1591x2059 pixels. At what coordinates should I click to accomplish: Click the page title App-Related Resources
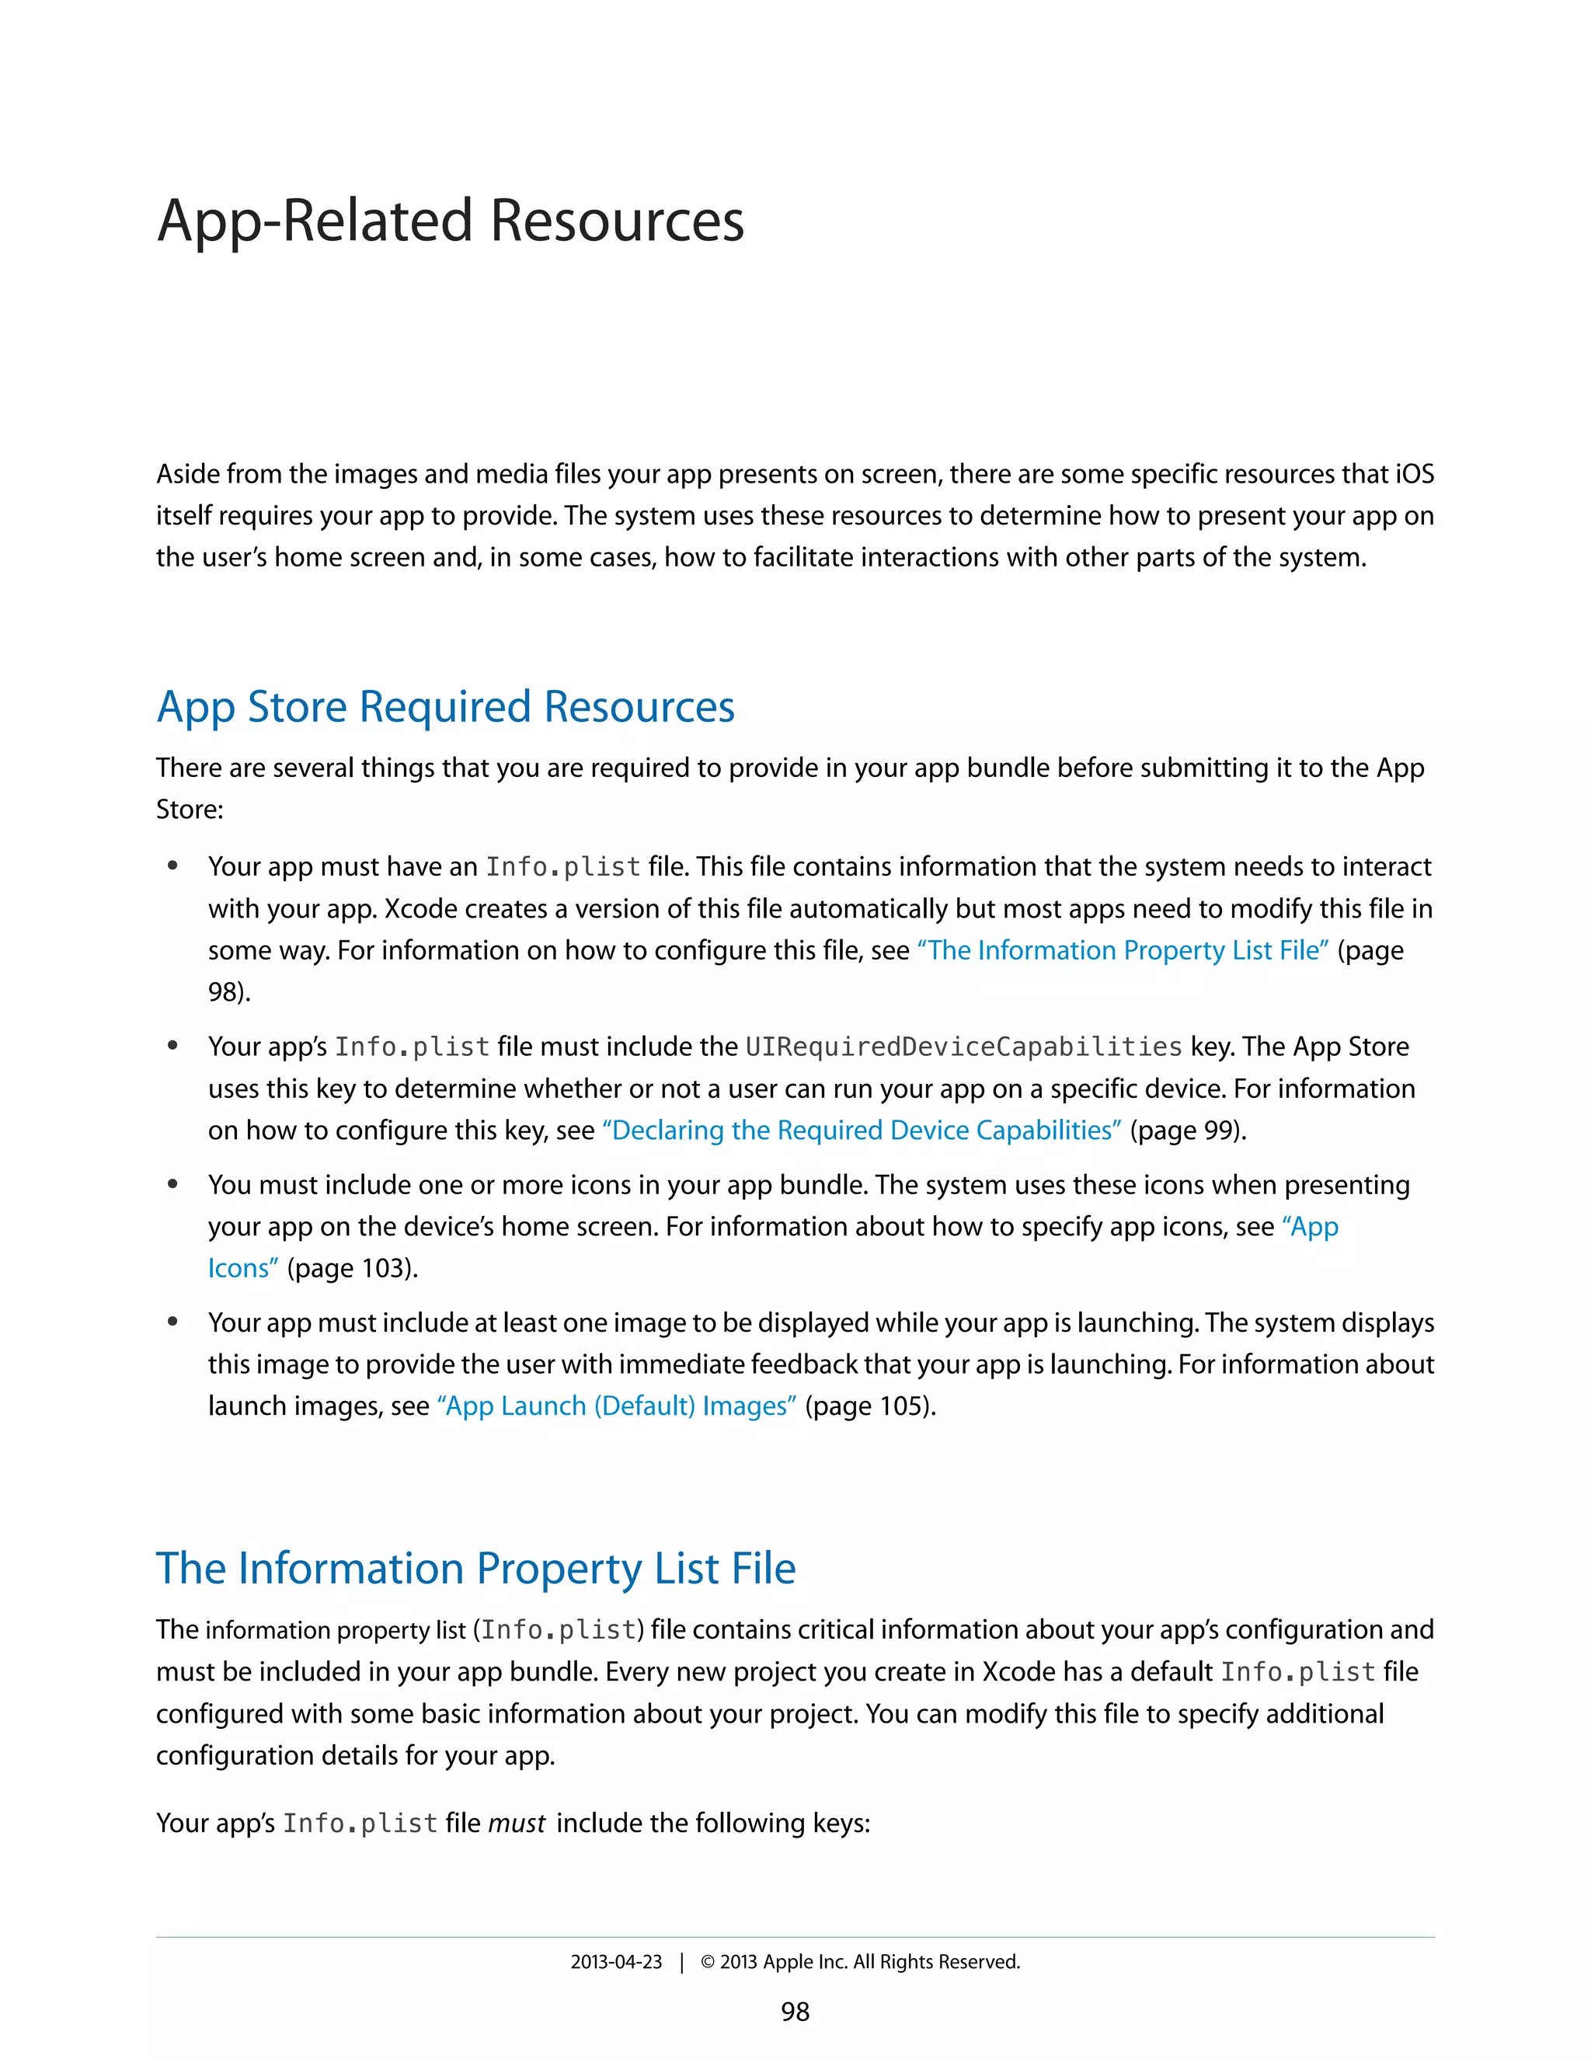pos(451,221)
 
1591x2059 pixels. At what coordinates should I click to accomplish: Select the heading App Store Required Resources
pos(445,707)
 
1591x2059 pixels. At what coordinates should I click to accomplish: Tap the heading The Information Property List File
pos(476,1569)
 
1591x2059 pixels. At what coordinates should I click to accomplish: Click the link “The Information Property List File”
pos(1123,950)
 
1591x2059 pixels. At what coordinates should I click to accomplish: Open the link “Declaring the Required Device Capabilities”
pos(862,1131)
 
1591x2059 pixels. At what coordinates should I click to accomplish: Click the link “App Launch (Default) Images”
pos(616,1406)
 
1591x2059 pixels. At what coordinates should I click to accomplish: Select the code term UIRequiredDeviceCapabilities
pos(963,1047)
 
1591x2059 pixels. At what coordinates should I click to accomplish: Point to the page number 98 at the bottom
pos(795,2012)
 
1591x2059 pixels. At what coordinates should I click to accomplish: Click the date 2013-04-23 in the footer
pos(616,1962)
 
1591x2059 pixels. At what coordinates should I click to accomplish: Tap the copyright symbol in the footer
pos(708,1962)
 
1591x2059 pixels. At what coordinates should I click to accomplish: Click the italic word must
pos(517,1824)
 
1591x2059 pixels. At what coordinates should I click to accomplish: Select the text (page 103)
pos(353,1268)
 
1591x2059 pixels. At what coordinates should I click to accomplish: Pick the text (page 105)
pos(870,1406)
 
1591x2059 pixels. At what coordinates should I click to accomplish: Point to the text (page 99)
pos(1188,1131)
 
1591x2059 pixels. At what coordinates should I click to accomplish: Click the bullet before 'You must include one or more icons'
pos(172,1184)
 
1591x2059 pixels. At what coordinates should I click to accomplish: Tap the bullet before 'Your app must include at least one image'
pos(172,1322)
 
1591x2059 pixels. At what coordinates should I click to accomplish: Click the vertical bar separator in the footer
pos(681,1962)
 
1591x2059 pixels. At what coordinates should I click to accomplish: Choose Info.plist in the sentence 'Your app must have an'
pos(562,867)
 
